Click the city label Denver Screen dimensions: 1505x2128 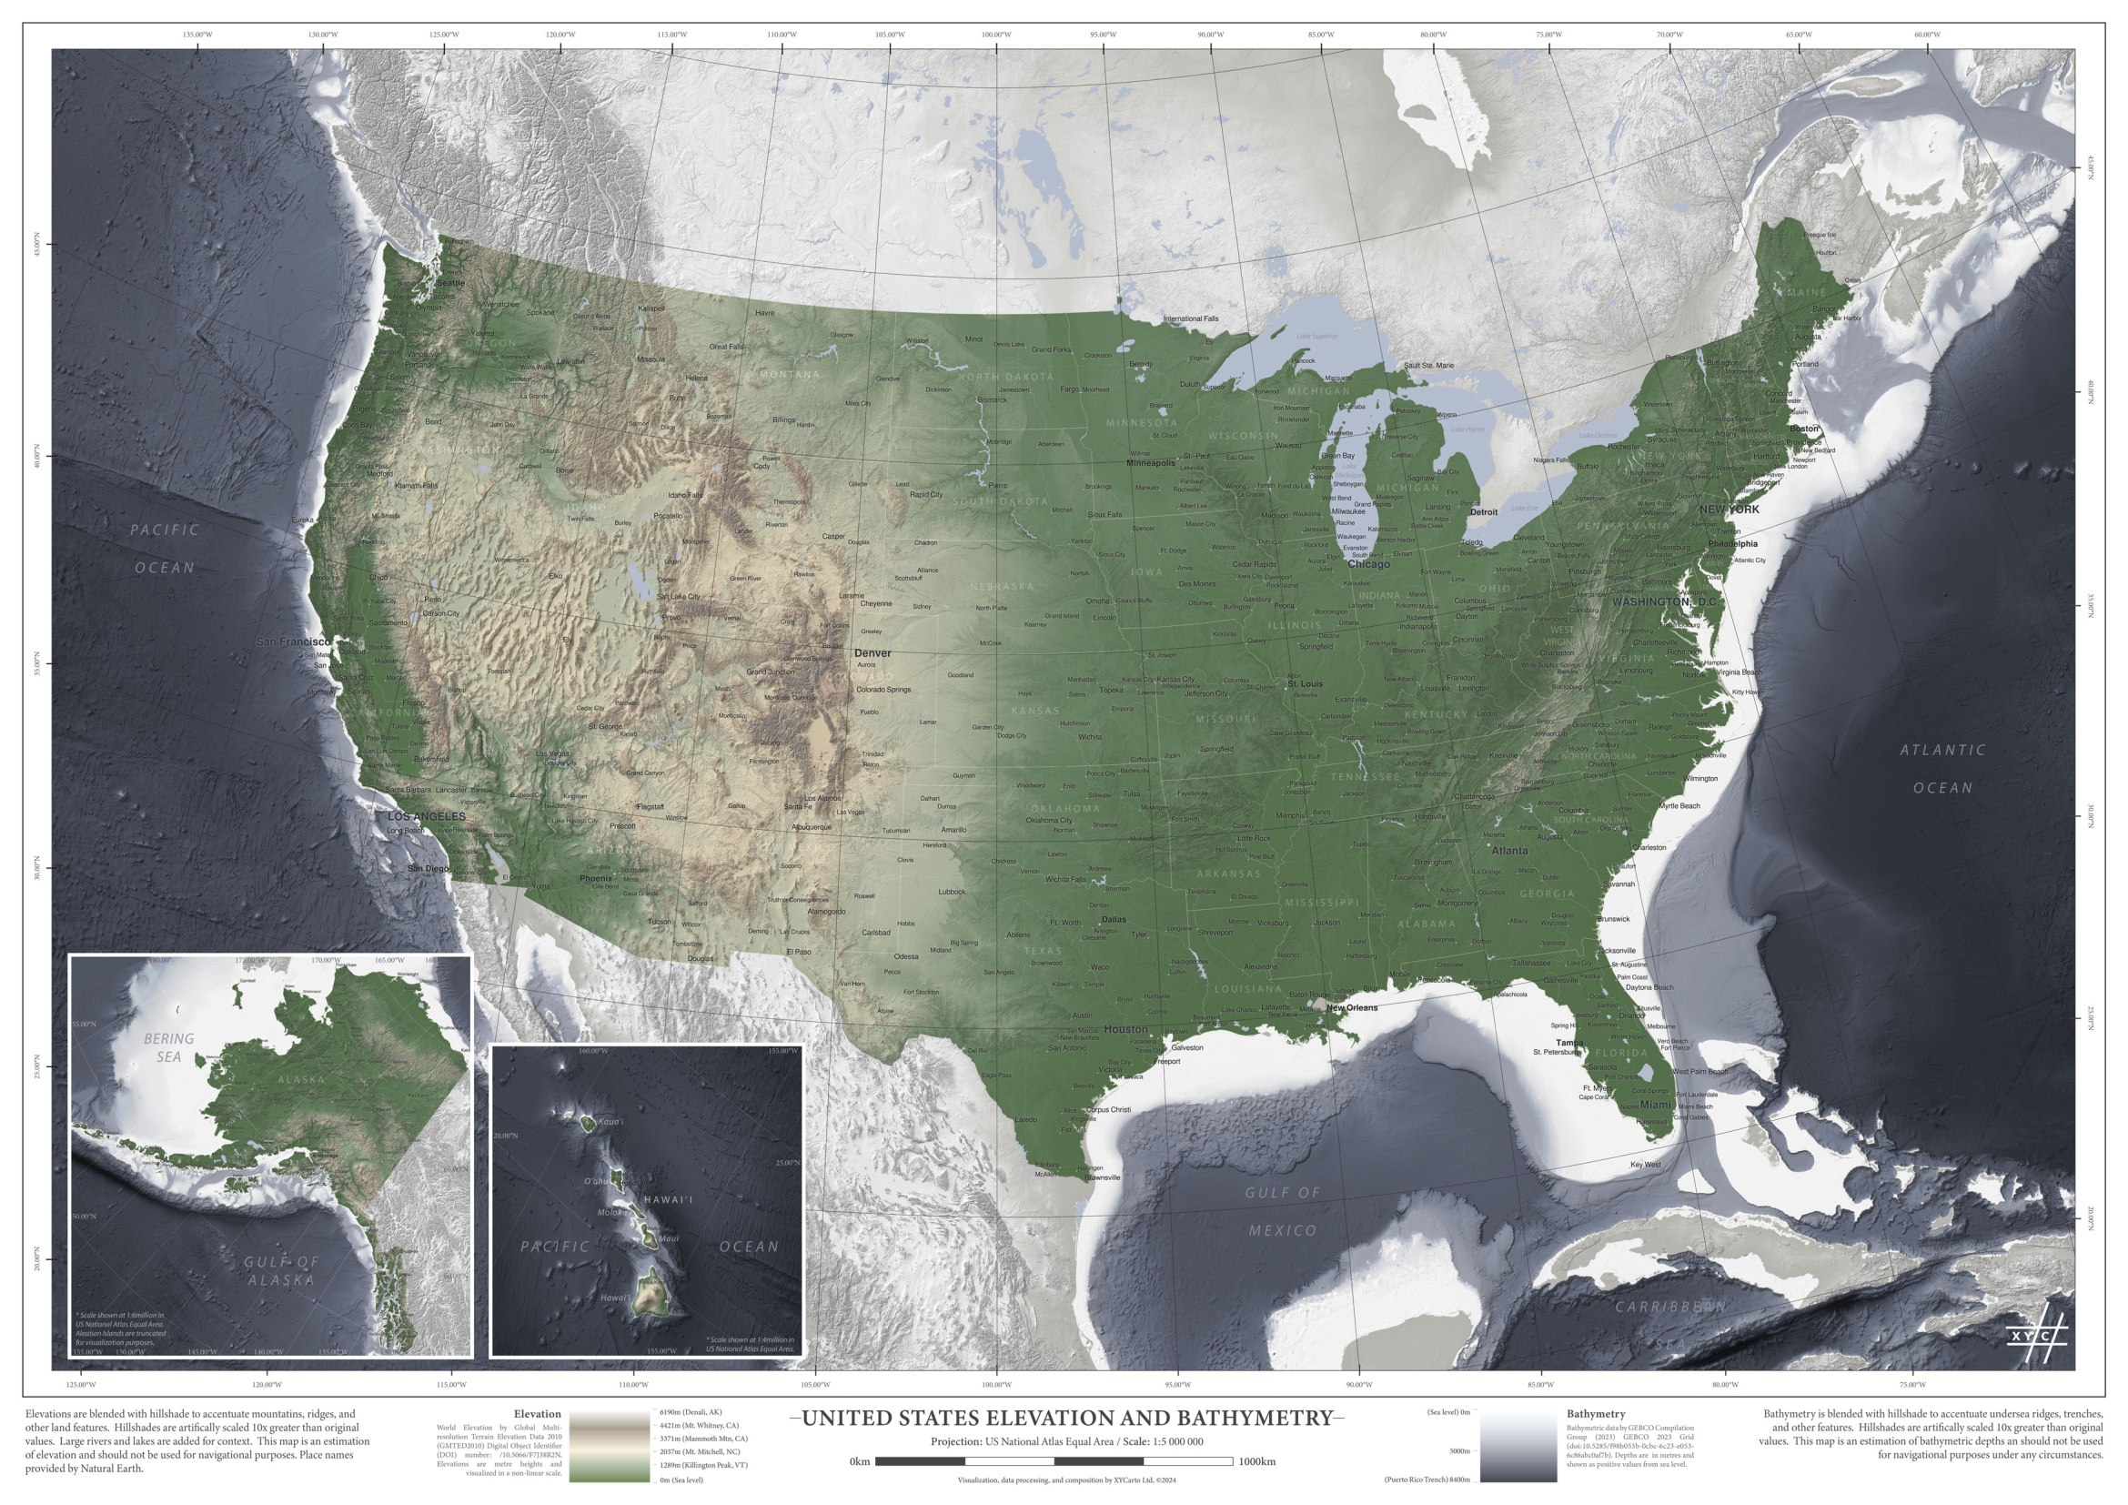[x=872, y=653]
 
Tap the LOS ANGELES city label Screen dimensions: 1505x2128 [x=427, y=816]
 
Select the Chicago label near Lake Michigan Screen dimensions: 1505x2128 [x=1368, y=564]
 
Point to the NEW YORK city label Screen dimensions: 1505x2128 [x=1729, y=510]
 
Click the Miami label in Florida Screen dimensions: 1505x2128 [x=1655, y=1105]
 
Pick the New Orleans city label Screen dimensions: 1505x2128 [x=1351, y=1007]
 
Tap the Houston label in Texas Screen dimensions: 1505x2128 [x=1125, y=1029]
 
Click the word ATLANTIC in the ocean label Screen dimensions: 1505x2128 [x=1942, y=750]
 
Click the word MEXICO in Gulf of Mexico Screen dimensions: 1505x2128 [x=1282, y=1230]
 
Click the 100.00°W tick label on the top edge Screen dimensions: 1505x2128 [x=996, y=35]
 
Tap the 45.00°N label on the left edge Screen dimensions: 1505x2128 [x=38, y=245]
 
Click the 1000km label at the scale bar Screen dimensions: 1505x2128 [x=1256, y=1461]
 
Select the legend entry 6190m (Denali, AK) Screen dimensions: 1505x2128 [x=691, y=1412]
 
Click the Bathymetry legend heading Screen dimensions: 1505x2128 [x=1595, y=1414]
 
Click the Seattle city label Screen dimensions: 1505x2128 [x=451, y=283]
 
